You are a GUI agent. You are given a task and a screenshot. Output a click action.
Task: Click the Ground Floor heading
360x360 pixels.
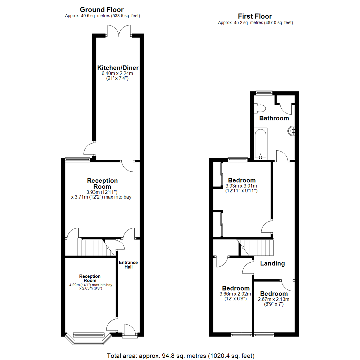101,10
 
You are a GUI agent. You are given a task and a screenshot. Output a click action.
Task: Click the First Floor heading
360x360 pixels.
255,16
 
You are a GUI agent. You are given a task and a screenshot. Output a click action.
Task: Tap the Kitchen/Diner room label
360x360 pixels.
118,68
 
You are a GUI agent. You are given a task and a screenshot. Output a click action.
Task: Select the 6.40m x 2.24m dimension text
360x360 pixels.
117,73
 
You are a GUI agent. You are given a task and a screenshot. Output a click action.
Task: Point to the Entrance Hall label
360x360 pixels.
128,264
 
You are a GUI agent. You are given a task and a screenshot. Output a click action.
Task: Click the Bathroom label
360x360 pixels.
274,118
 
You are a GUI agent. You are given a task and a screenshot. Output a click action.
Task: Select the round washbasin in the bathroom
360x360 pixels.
291,131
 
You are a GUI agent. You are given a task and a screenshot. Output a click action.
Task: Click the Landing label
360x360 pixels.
272,263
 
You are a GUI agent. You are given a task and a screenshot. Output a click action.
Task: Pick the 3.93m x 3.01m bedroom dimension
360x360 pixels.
241,186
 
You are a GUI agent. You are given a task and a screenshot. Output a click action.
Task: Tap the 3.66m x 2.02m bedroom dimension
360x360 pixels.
235,294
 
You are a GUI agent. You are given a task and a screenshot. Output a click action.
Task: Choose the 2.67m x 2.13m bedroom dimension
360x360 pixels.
273,299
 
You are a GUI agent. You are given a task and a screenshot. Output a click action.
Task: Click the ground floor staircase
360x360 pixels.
96,247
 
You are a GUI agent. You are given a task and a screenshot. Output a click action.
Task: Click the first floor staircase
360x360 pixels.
256,247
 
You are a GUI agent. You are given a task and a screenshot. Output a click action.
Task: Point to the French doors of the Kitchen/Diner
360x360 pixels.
119,31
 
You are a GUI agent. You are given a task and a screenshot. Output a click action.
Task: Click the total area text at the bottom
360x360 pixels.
180,356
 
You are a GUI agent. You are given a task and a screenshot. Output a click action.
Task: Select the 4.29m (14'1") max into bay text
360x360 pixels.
91,285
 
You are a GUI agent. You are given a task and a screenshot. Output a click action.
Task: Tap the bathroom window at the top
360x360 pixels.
264,93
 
